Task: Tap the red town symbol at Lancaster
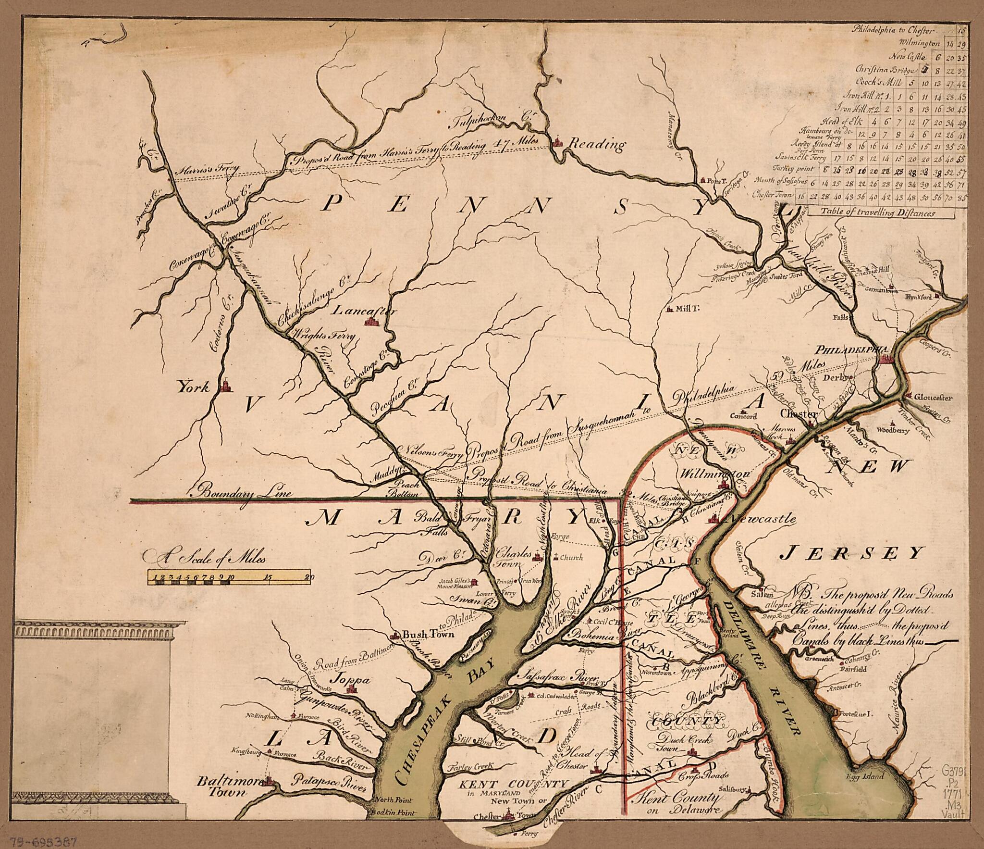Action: point(371,321)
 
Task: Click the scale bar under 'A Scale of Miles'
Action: point(229,577)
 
